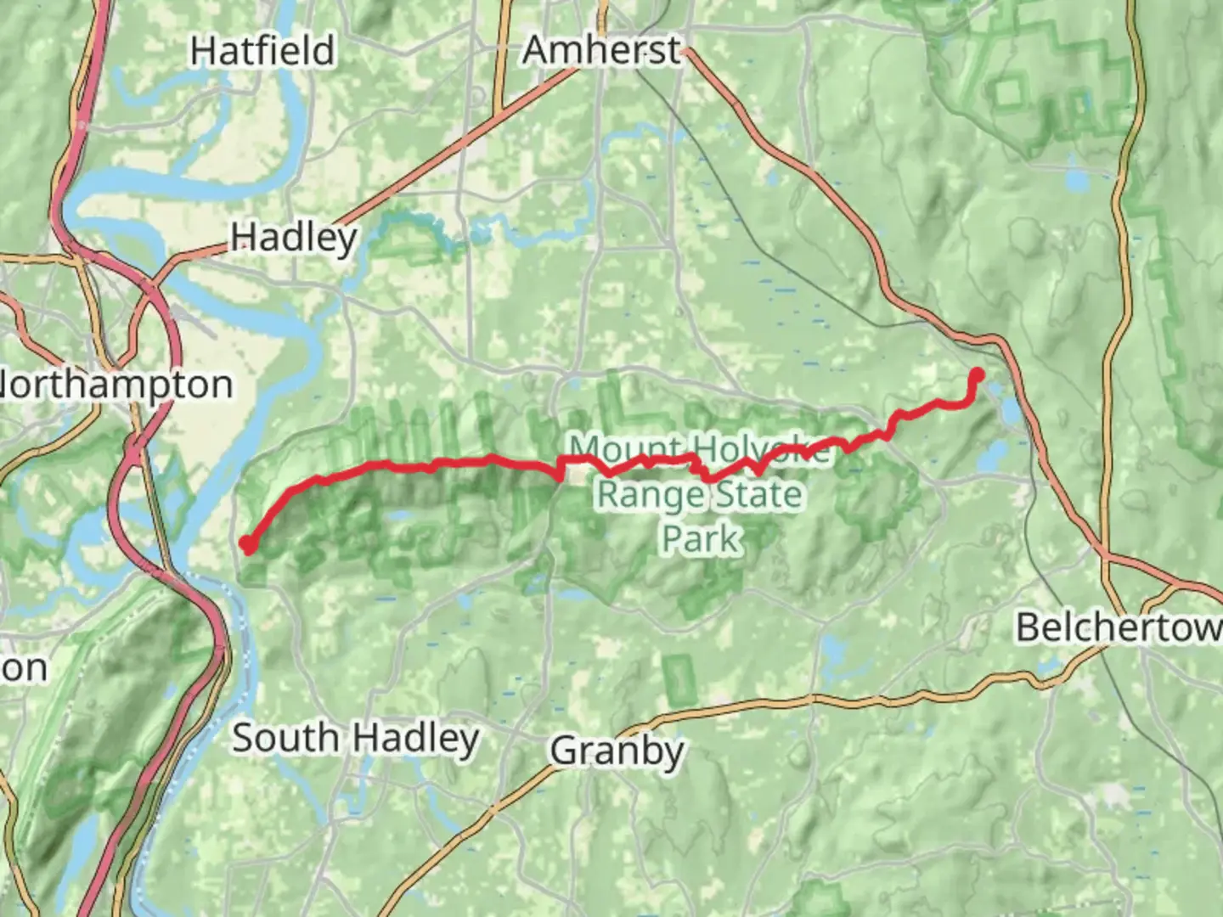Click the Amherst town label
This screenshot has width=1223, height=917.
coord(601,50)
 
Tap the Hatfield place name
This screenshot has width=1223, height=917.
coord(262,51)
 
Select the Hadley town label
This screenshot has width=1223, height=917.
coord(293,237)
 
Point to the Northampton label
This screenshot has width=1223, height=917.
coord(116,385)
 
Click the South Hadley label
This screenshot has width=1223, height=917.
coord(355,738)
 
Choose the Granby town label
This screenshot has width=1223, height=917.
coord(617,751)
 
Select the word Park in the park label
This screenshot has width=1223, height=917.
coord(701,538)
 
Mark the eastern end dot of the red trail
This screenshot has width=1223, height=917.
coord(977,374)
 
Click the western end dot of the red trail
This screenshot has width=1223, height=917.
coord(246,543)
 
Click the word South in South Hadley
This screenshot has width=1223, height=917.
coord(285,737)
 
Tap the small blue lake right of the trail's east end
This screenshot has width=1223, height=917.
coord(1011,413)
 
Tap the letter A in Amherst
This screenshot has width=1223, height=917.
coord(538,50)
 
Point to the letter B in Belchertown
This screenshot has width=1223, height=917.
coord(1029,628)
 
